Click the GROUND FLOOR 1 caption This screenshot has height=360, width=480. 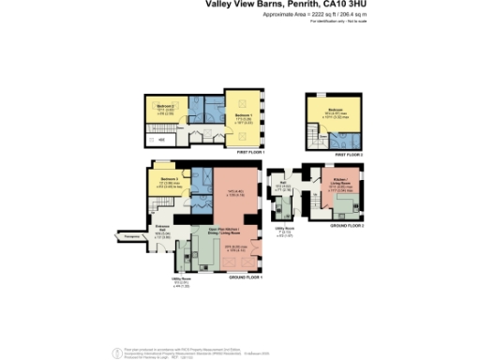pos(246,277)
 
